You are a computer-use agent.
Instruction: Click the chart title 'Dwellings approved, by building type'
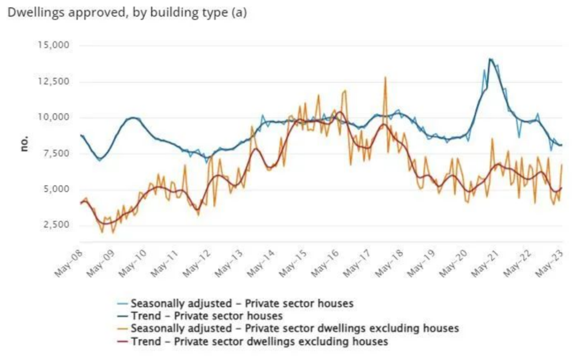[118, 13]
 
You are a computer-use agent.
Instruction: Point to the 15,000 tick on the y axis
[54, 45]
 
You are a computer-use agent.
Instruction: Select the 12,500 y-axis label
[54, 81]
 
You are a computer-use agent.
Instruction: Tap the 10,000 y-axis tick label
[54, 117]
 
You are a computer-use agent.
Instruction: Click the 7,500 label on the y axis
[56, 153]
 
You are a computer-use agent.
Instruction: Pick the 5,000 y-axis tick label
[56, 189]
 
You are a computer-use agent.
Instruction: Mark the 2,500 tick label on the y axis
[56, 225]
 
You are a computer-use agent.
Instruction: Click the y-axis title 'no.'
[24, 143]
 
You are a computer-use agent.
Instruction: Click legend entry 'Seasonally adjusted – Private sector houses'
[242, 303]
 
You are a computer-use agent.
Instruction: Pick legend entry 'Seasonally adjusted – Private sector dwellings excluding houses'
[294, 328]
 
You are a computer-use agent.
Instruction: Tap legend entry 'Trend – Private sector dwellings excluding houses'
[259, 341]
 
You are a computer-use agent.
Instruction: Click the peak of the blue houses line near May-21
[490, 59]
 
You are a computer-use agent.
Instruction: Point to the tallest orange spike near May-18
[385, 78]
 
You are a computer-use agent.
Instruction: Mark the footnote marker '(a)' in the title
[239, 13]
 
